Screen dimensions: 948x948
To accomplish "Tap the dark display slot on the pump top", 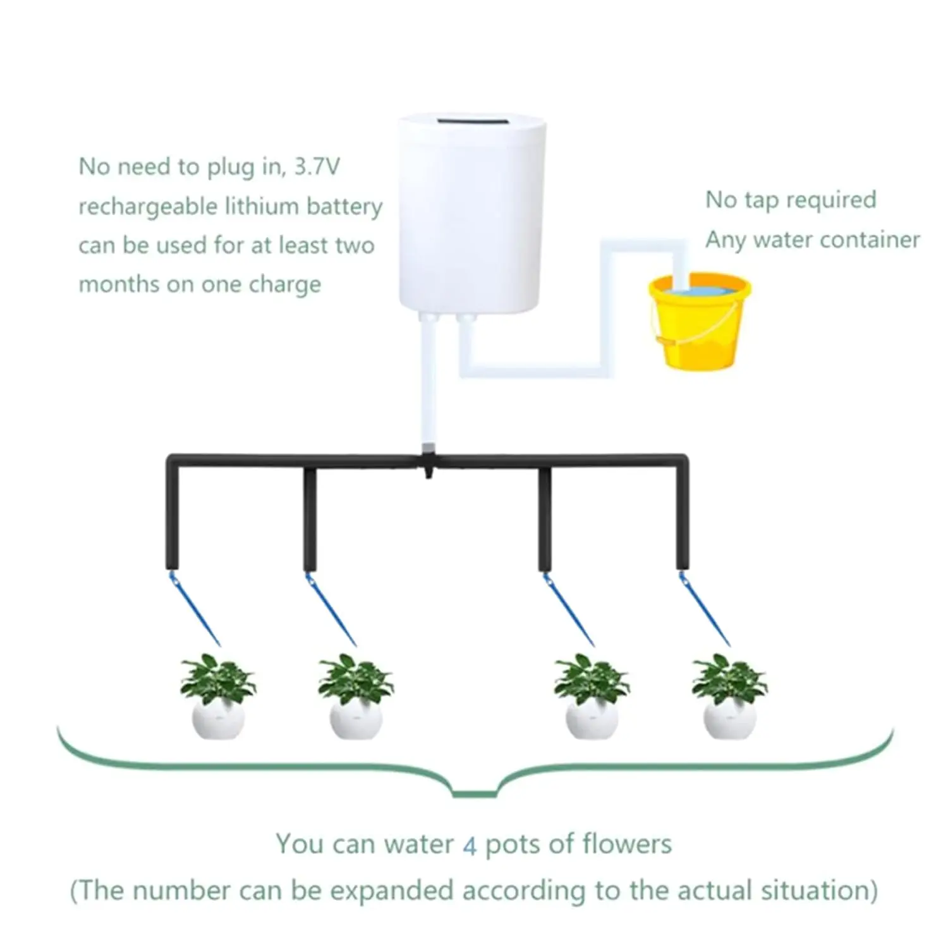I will point(471,120).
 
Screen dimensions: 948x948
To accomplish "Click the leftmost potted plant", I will point(217,698).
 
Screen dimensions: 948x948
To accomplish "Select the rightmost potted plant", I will point(730,698).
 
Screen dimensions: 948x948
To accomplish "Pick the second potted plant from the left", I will point(356,698).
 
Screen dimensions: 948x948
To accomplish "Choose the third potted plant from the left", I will point(592,698).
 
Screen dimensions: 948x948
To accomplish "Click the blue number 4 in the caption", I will point(470,846).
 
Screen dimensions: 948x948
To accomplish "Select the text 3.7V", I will point(317,167).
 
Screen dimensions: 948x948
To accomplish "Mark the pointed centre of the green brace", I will point(474,793).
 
